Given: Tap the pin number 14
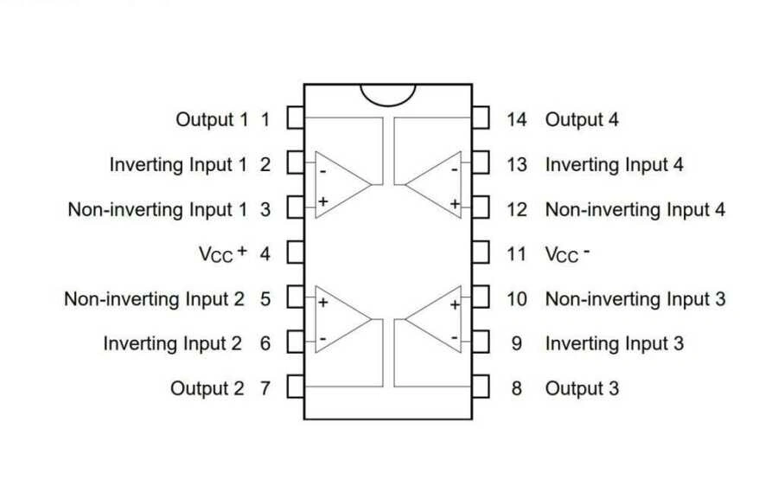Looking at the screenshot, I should [x=516, y=119].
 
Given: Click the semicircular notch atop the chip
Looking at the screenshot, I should [x=388, y=94].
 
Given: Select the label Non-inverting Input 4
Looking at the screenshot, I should [x=635, y=209].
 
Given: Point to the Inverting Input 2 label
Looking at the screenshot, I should [x=173, y=344].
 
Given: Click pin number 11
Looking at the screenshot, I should [x=516, y=254].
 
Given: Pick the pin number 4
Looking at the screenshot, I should [x=265, y=254].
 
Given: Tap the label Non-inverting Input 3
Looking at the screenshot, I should [x=635, y=299].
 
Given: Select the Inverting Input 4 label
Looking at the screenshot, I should [x=614, y=164].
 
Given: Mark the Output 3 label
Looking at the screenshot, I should [x=582, y=389].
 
